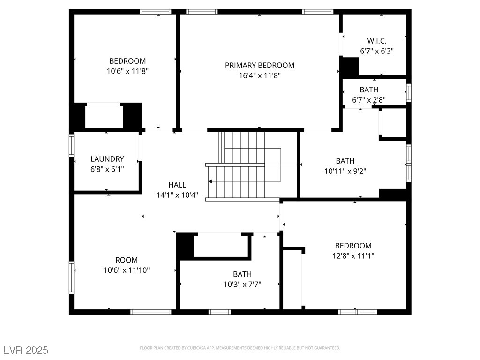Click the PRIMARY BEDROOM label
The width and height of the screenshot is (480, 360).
coord(260,65)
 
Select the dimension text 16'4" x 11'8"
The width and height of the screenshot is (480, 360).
coord(260,75)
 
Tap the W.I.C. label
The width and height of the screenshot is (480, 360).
coord(376,41)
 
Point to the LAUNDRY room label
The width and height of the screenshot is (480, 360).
coord(107,159)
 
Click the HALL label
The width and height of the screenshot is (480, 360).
coord(177,185)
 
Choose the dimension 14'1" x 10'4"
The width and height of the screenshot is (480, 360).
coord(177,195)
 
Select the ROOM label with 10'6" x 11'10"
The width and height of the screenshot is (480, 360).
coord(127,260)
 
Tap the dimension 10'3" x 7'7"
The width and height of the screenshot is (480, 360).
coord(242,284)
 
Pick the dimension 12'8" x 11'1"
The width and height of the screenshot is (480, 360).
coord(353,255)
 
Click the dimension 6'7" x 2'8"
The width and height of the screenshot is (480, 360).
coord(369,99)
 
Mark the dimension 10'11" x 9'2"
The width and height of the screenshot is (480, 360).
coord(345,171)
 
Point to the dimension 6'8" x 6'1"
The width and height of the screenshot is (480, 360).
coord(107,169)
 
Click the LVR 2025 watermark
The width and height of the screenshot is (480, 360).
coord(25,350)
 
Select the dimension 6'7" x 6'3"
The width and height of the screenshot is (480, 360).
coord(376,51)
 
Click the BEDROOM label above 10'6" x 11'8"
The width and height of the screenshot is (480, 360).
coord(127,61)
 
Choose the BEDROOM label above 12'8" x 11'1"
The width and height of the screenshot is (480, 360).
coord(353,246)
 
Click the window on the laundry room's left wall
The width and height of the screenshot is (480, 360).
coord(72,145)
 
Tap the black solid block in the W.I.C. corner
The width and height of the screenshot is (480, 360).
coord(349,67)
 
